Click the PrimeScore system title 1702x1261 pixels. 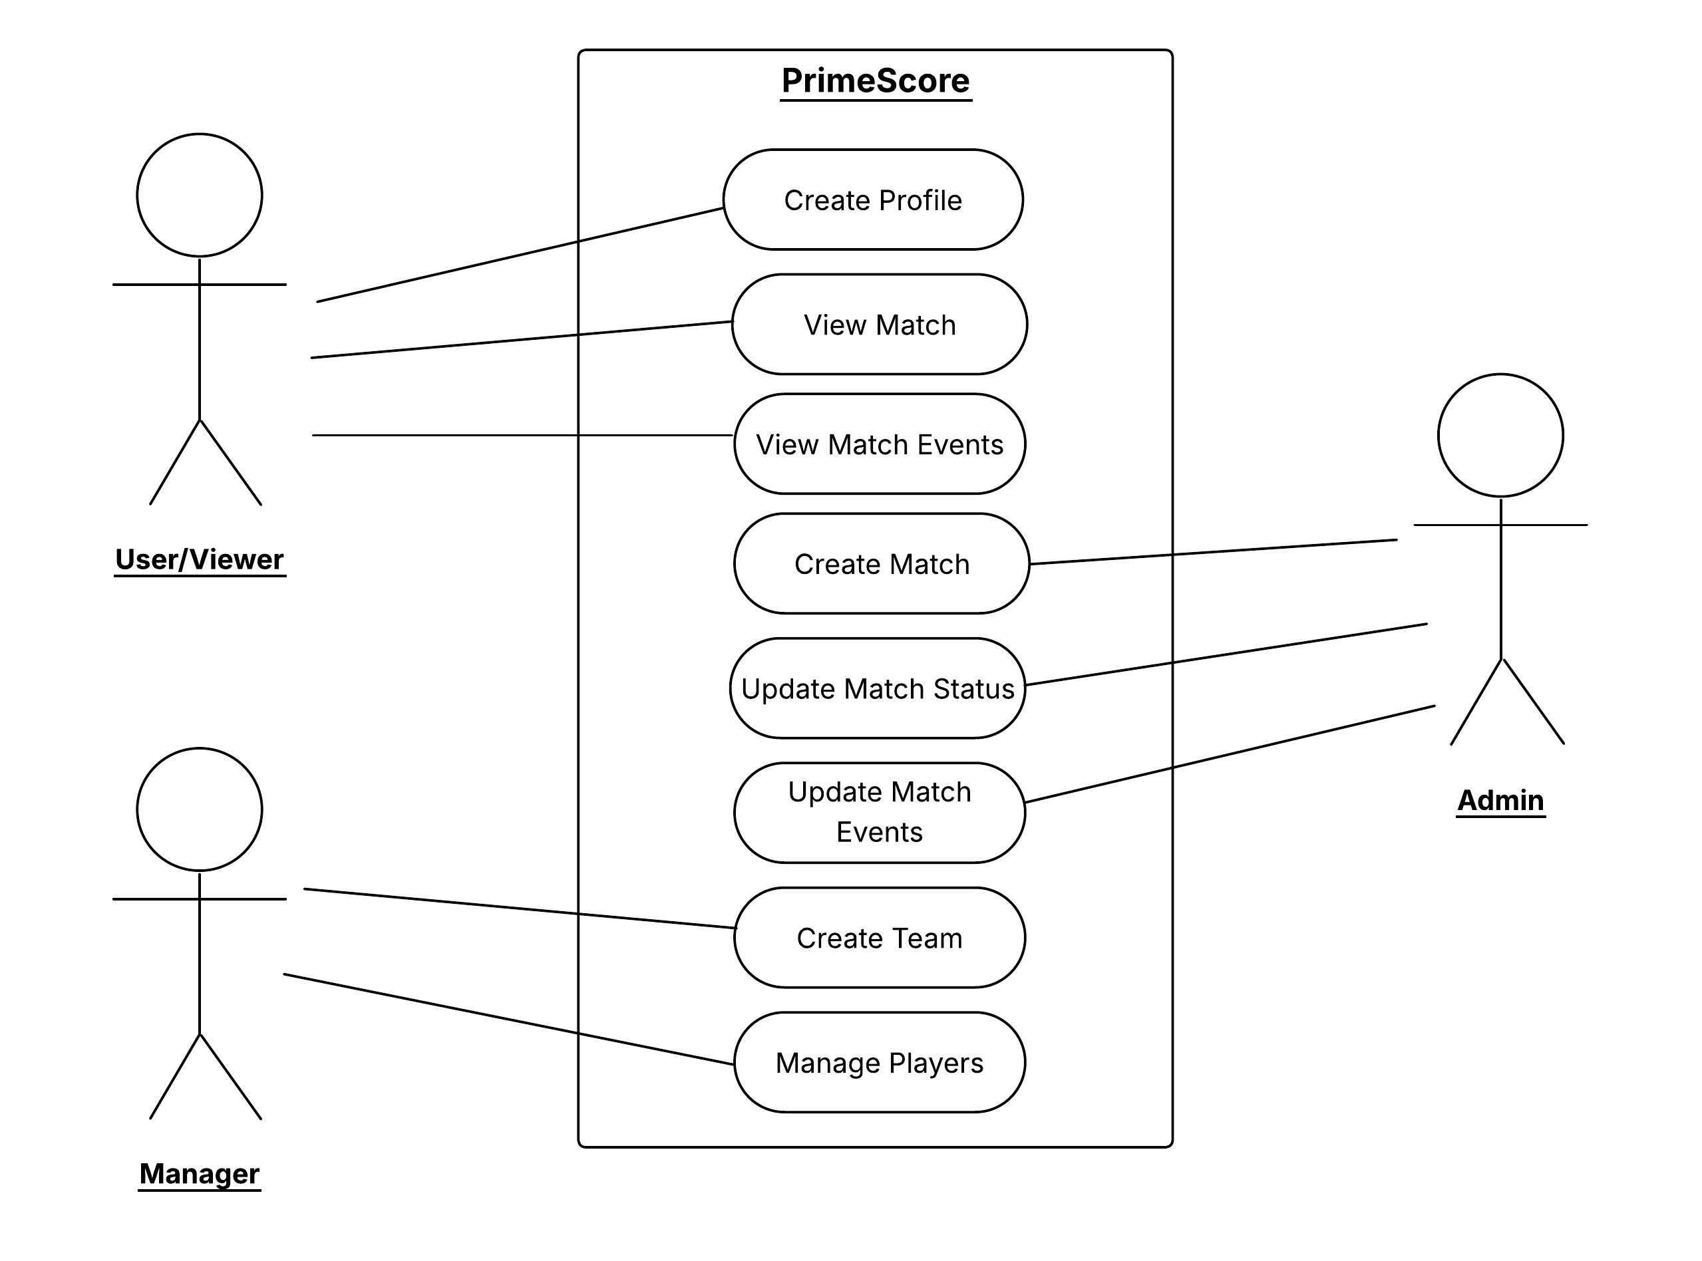pyautogui.click(x=875, y=81)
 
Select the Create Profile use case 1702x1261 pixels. pyautogui.click(x=873, y=200)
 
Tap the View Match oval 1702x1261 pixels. pyautogui.click(x=879, y=325)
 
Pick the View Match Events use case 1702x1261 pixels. pyautogui.click(x=879, y=444)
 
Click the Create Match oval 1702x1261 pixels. pyautogui.click(x=881, y=564)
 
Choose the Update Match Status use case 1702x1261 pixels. pyautogui.click(x=878, y=688)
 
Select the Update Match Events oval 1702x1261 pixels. pyautogui.click(x=879, y=812)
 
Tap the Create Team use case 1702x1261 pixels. pyautogui.click(x=879, y=938)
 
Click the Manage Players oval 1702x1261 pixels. pyautogui.click(x=879, y=1063)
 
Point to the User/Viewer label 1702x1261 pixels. pyautogui.click(x=200, y=559)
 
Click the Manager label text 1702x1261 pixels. pyautogui.click(x=200, y=1173)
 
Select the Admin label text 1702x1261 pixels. pyautogui.click(x=1500, y=800)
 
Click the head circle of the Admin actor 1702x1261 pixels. pyautogui.click(x=1500, y=435)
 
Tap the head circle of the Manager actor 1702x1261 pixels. pyautogui.click(x=200, y=809)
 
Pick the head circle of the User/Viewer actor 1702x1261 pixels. pyautogui.click(x=200, y=196)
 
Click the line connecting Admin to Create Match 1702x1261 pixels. pyautogui.click(x=1214, y=552)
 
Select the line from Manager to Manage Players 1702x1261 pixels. pyautogui.click(x=508, y=1019)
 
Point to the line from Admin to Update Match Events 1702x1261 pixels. pyautogui.click(x=1230, y=754)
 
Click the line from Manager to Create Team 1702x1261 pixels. pyautogui.click(x=519, y=909)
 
